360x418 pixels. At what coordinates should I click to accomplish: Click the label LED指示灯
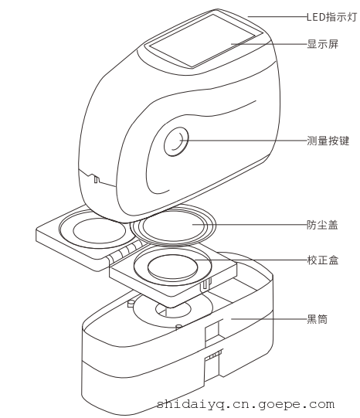click(x=331, y=17)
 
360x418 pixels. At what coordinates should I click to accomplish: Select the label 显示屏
click(x=323, y=44)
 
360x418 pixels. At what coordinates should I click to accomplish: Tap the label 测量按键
click(x=328, y=141)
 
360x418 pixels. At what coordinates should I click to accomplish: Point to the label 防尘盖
click(x=322, y=225)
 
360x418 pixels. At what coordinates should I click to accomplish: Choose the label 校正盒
click(x=323, y=260)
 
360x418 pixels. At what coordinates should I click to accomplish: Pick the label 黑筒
click(x=317, y=319)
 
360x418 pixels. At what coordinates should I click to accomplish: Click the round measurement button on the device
click(x=176, y=141)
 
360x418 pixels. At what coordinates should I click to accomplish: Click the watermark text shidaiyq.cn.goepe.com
click(x=246, y=404)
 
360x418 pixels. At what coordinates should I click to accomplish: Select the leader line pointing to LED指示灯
click(x=277, y=17)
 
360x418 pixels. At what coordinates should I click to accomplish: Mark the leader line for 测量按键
click(x=243, y=140)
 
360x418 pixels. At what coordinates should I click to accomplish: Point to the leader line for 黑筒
click(x=269, y=318)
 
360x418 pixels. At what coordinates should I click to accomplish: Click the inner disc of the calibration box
click(x=173, y=267)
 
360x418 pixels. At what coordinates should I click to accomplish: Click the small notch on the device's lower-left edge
click(x=95, y=178)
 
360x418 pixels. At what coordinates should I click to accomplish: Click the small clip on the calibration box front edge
click(x=205, y=284)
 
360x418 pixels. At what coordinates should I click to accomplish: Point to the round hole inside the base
click(x=173, y=310)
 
